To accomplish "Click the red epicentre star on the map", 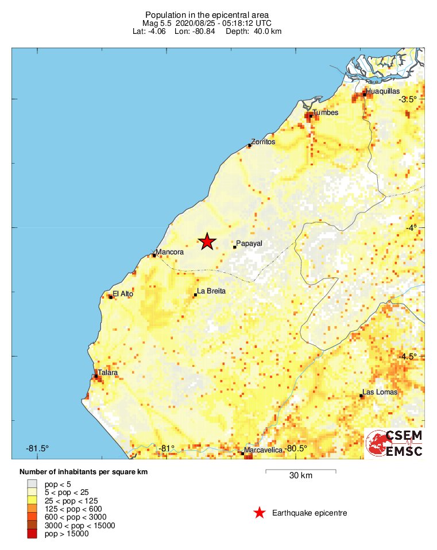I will point(207,242).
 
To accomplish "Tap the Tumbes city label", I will point(325,113).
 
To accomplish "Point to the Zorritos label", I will point(264,141).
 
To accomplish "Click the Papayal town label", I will point(249,243).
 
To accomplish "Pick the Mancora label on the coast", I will point(170,252).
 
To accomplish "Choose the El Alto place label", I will point(123,293).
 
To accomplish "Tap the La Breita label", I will point(211,291).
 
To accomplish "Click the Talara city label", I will point(107,373).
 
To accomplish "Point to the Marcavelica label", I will point(264,450).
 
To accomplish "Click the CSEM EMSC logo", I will point(395,444).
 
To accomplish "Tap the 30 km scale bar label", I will point(300,476).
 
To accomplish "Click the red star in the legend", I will point(260,513).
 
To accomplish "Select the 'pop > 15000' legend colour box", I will point(32,534).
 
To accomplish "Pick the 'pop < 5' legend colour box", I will point(32,483).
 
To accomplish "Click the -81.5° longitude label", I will point(38,448).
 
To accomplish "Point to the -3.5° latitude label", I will point(408,99).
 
